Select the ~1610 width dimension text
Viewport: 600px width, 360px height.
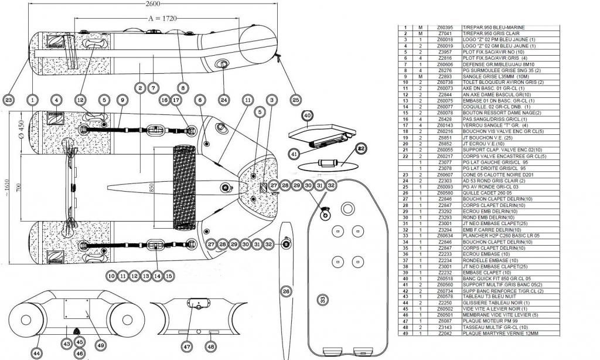(x=8, y=186)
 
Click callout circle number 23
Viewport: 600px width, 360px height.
(x=9, y=100)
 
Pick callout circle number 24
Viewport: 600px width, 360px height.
(x=223, y=100)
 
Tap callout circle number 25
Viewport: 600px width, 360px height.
(x=295, y=100)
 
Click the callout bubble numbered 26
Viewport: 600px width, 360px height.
(x=286, y=290)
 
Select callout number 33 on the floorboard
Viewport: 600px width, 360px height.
(x=323, y=300)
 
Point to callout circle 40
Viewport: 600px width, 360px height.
(x=308, y=115)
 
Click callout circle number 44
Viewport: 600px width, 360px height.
(x=37, y=353)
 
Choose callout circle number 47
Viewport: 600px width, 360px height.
(x=187, y=347)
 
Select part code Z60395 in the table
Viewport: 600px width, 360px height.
(x=445, y=28)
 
